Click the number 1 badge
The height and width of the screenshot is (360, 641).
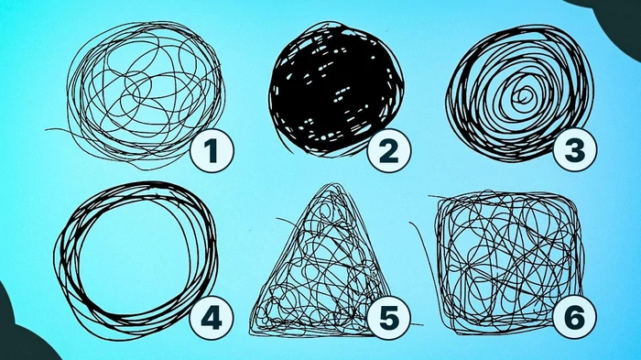click(212, 150)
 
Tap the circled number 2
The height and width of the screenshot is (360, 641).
click(389, 150)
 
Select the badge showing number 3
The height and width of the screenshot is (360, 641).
click(574, 150)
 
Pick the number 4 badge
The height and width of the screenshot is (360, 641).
click(212, 318)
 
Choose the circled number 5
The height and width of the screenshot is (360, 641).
click(389, 318)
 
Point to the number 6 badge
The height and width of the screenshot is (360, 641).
click(574, 318)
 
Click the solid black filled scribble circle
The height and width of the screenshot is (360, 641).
click(336, 89)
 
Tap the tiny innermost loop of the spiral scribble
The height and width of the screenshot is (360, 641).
click(523, 96)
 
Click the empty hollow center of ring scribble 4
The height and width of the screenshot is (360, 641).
click(136, 257)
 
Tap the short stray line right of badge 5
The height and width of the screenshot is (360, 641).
click(416, 324)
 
